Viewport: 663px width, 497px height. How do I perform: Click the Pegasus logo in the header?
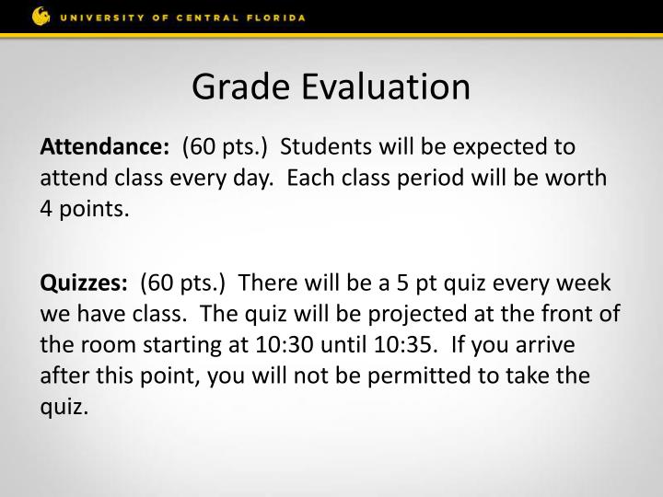coord(41,17)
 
